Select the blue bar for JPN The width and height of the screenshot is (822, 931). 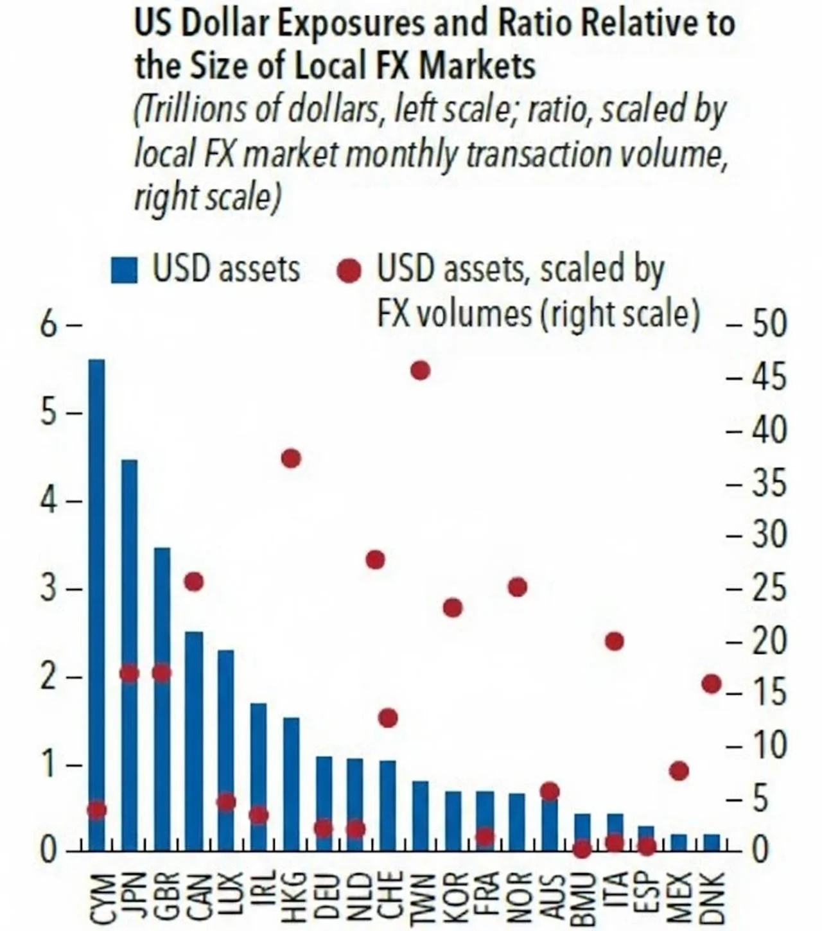[x=129, y=656]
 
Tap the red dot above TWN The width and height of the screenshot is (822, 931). [x=420, y=370]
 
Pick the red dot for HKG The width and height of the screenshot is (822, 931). [x=291, y=458]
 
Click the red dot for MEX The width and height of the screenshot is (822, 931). [x=679, y=770]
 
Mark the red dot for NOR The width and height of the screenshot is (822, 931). [x=518, y=587]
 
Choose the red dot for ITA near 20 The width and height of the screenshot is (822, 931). [x=615, y=641]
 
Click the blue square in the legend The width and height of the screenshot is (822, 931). [x=124, y=270]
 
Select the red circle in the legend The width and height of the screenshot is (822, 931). [x=349, y=271]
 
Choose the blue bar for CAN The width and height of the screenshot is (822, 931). [x=194, y=741]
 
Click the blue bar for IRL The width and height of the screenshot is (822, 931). [x=259, y=777]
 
